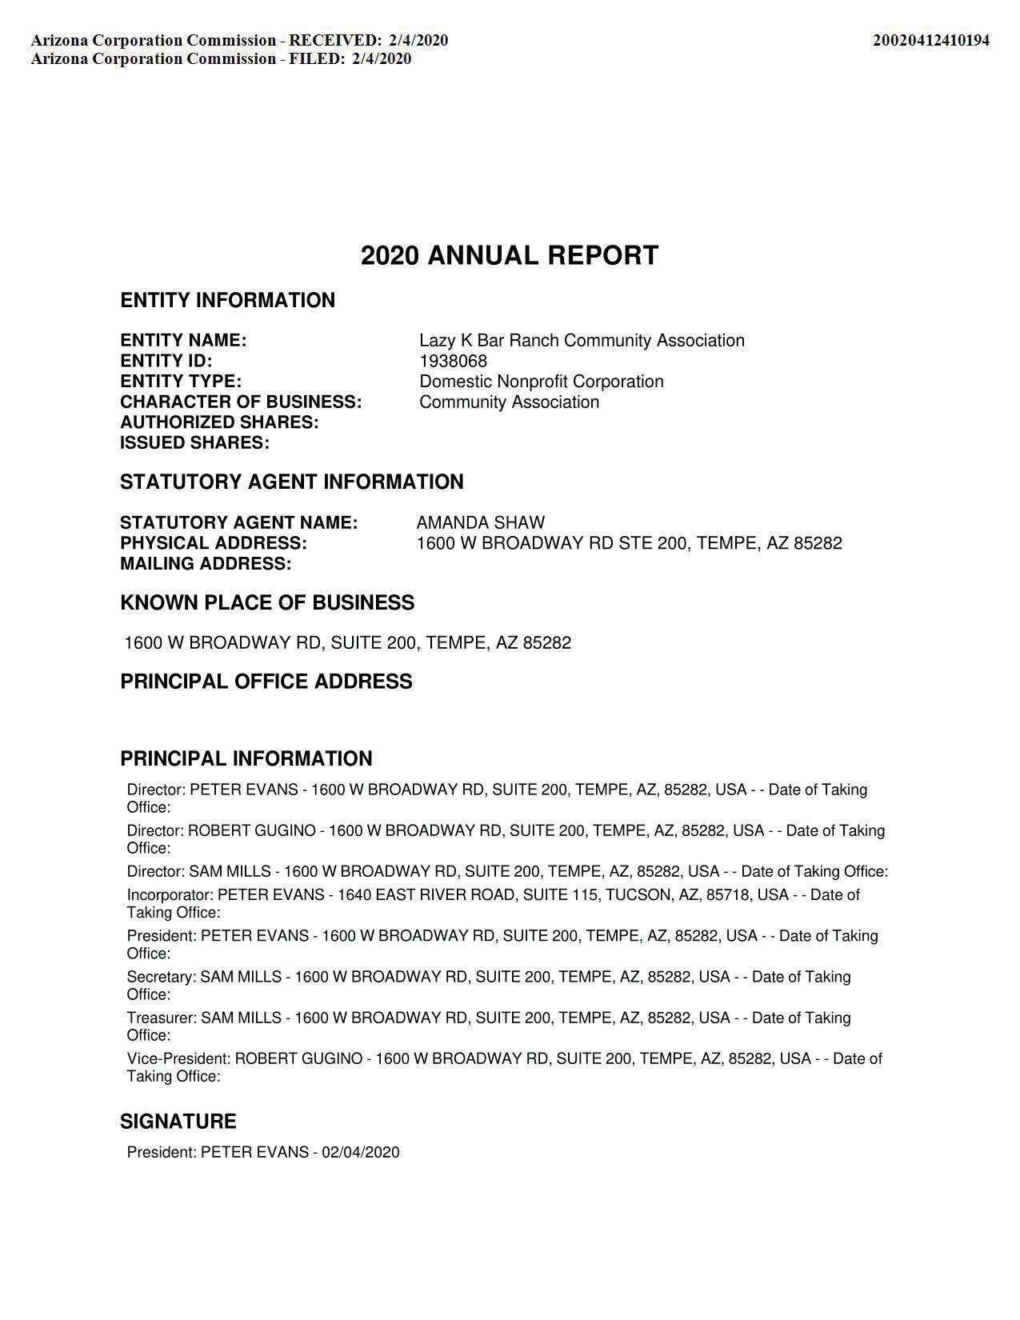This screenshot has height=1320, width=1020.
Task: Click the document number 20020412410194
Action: (x=930, y=40)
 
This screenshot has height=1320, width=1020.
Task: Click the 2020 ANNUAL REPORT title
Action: (x=510, y=256)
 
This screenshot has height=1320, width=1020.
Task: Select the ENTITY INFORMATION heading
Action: (x=227, y=301)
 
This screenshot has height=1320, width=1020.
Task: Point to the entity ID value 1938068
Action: (x=453, y=361)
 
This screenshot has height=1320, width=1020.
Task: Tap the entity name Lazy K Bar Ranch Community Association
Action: (x=582, y=341)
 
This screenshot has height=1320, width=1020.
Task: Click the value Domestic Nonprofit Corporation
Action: (x=541, y=382)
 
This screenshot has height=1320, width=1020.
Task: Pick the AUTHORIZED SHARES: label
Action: (x=219, y=422)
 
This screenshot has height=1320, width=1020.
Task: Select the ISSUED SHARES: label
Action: (x=194, y=443)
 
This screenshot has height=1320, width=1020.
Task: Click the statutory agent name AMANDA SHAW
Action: (x=480, y=523)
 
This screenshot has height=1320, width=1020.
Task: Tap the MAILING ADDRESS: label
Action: (x=206, y=564)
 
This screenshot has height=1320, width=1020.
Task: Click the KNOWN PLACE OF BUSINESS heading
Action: (x=267, y=603)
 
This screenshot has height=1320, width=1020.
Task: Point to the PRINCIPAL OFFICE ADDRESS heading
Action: (x=266, y=682)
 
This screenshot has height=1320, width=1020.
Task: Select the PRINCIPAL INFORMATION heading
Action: (x=246, y=758)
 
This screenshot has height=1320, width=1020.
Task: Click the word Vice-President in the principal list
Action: (x=178, y=1059)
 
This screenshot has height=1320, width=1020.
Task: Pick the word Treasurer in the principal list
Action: (x=161, y=1018)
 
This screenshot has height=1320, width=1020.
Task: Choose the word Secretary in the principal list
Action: (x=161, y=977)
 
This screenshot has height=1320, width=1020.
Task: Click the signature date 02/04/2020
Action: (x=360, y=1153)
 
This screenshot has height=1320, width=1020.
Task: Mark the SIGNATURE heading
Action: (x=178, y=1122)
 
